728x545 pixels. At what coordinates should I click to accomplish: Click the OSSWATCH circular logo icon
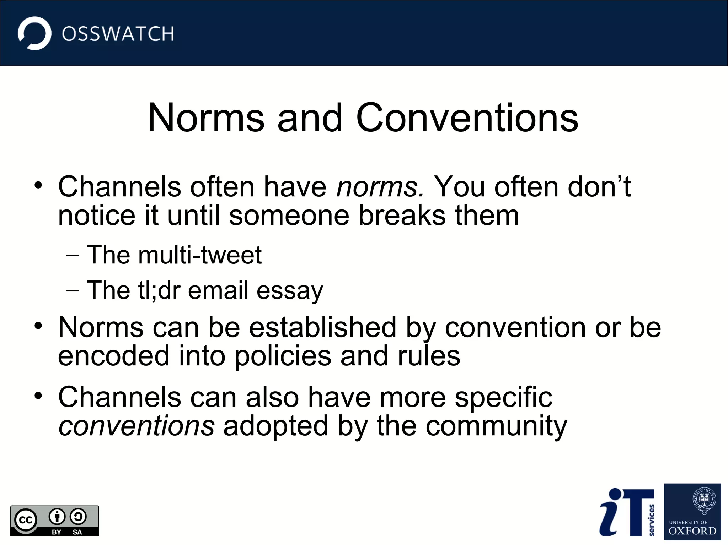point(34,33)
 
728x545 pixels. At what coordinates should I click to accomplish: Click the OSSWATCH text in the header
point(118,34)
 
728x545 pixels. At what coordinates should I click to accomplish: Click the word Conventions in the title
point(467,118)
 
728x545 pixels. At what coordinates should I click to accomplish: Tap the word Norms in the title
point(206,118)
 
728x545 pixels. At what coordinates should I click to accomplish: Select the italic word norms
point(380,187)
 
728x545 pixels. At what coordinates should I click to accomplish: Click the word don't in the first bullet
point(599,187)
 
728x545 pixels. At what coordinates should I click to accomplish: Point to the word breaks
point(402,216)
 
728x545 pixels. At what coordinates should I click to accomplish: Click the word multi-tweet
point(200,255)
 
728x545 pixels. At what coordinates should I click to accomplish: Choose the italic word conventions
point(136,426)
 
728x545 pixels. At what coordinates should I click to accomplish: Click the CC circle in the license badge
point(26,520)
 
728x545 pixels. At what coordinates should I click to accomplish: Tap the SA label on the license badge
point(77,532)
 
